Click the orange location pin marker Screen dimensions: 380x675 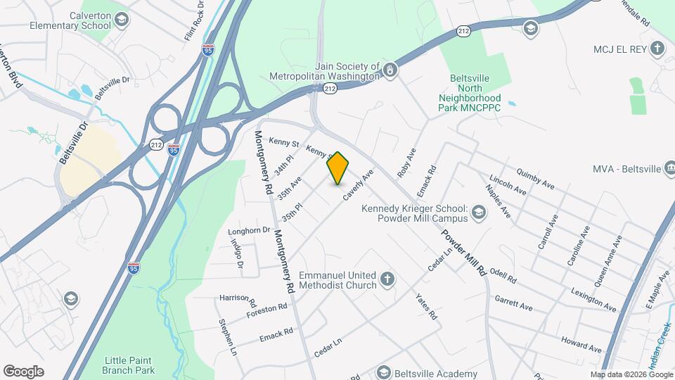[338, 168]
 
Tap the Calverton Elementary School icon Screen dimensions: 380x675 [122, 19]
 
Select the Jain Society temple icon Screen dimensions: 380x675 [390, 70]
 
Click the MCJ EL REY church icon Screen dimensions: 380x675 [657, 49]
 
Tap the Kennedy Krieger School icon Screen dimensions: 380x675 [478, 213]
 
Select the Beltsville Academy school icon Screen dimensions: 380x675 [383, 372]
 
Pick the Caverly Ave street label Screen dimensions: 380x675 [358, 186]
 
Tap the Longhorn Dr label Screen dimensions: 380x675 [249, 230]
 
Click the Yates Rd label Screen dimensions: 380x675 [426, 307]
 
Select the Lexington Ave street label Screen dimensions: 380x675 [593, 299]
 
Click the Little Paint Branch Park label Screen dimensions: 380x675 [128, 365]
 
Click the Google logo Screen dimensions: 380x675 [23, 372]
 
